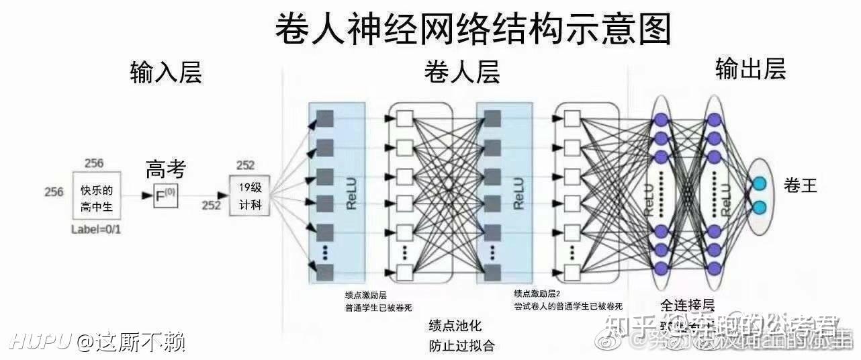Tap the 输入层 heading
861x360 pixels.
pyautogui.click(x=166, y=73)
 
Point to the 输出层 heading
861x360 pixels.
pyautogui.click(x=750, y=69)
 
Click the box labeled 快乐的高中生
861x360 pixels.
pyautogui.click(x=97, y=198)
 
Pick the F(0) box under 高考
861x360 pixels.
pyautogui.click(x=165, y=197)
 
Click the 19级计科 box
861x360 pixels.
pyautogui.click(x=250, y=195)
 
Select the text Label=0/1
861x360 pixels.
pyautogui.click(x=96, y=230)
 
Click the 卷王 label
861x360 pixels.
pyautogui.click(x=800, y=186)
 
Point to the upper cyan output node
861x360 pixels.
pyautogui.click(x=760, y=183)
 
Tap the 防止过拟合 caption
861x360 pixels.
pyautogui.click(x=461, y=346)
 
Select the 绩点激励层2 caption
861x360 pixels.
pyautogui.click(x=537, y=294)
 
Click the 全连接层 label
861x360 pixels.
pyautogui.click(x=688, y=304)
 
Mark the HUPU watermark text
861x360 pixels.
pyautogui.click(x=40, y=342)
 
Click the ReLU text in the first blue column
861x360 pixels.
pyautogui.click(x=351, y=194)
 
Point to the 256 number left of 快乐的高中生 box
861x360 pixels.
pyautogui.click(x=54, y=192)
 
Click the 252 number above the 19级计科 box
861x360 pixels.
pyautogui.click(x=245, y=166)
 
